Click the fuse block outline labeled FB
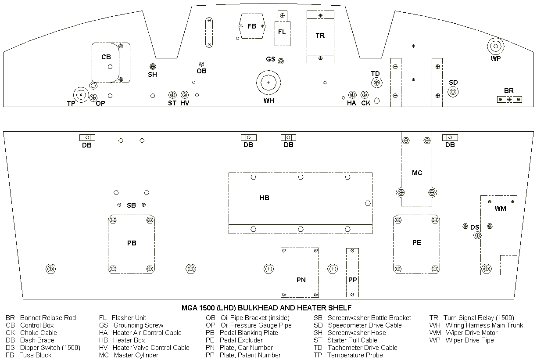pyautogui.click(x=251, y=26)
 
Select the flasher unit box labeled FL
pyautogui.click(x=282, y=32)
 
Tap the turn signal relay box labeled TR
pyautogui.click(x=320, y=36)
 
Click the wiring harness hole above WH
pyautogui.click(x=268, y=83)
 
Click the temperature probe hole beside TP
pyautogui.click(x=81, y=94)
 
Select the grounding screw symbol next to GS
pyautogui.click(x=281, y=61)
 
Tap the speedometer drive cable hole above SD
pyautogui.click(x=453, y=92)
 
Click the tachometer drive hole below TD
pyautogui.click(x=376, y=83)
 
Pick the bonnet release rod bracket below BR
pyautogui.click(x=509, y=100)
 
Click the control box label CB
pyautogui.click(x=106, y=57)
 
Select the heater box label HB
pyautogui.click(x=264, y=198)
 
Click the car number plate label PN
pyautogui.click(x=301, y=280)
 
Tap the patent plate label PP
pyautogui.click(x=353, y=280)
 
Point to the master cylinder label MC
pyautogui.click(x=417, y=173)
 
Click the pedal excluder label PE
pyautogui.click(x=417, y=243)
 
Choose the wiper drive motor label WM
pyautogui.click(x=501, y=209)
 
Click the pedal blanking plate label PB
pyautogui.click(x=132, y=243)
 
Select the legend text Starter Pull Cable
pyautogui.click(x=352, y=340)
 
